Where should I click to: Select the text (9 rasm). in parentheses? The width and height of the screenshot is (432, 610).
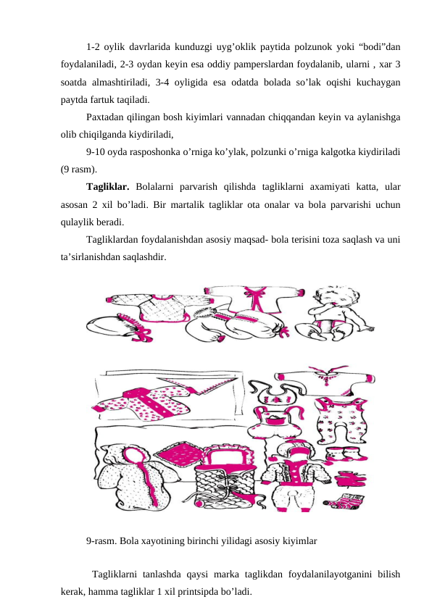point(79,170)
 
